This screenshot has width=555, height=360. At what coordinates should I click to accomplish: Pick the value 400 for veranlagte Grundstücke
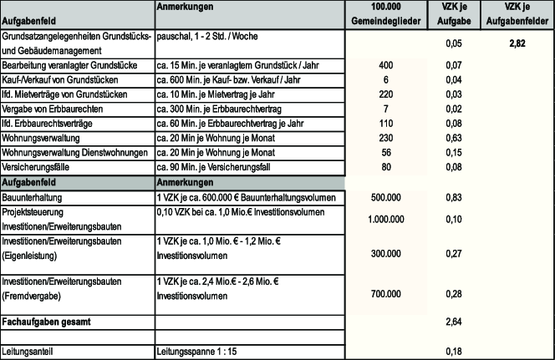point(385,65)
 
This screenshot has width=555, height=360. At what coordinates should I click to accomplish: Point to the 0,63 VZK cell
point(454,138)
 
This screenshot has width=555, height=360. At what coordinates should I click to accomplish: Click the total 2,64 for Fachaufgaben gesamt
point(454,321)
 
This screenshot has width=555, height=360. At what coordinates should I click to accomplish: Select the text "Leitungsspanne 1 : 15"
point(196,352)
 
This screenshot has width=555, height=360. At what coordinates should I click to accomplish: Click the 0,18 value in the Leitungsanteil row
point(454,352)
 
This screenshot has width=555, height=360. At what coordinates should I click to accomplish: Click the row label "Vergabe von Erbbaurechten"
point(52,109)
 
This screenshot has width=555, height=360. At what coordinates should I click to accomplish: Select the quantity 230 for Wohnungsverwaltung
point(385,138)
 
